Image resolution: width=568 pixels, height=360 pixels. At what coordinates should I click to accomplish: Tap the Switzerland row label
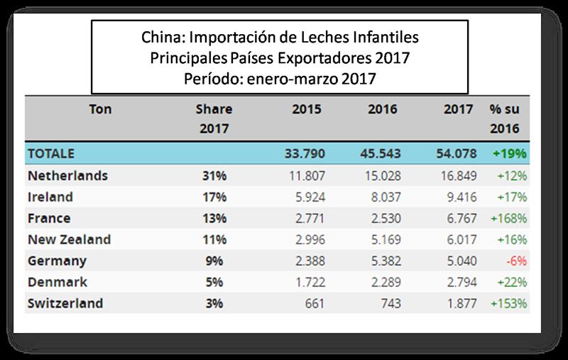65,303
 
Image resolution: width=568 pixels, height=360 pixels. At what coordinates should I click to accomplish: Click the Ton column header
101,110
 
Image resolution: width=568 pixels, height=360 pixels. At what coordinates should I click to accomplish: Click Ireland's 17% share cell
214,197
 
